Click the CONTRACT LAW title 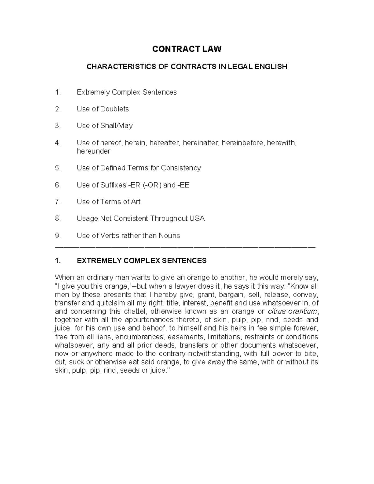coord(187,49)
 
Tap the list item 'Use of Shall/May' coord(105,126)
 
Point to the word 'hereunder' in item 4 coord(93,151)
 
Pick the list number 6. coord(58,185)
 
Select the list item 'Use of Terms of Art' coord(108,202)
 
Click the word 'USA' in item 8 coord(197,218)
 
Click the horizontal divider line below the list coord(185,247)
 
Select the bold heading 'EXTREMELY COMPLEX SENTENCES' coord(141,261)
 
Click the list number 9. coord(58,236)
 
